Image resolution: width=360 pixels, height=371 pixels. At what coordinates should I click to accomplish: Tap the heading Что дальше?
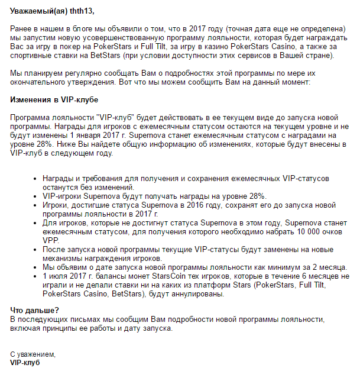tap(35, 310)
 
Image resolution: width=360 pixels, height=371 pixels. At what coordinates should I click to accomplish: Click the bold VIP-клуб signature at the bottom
tap(25, 362)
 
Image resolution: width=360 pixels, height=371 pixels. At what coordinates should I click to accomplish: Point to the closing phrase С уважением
tap(33, 354)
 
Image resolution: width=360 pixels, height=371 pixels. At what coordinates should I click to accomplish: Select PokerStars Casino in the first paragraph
tap(263, 46)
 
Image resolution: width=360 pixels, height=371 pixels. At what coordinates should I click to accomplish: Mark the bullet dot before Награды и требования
tap(36, 178)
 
